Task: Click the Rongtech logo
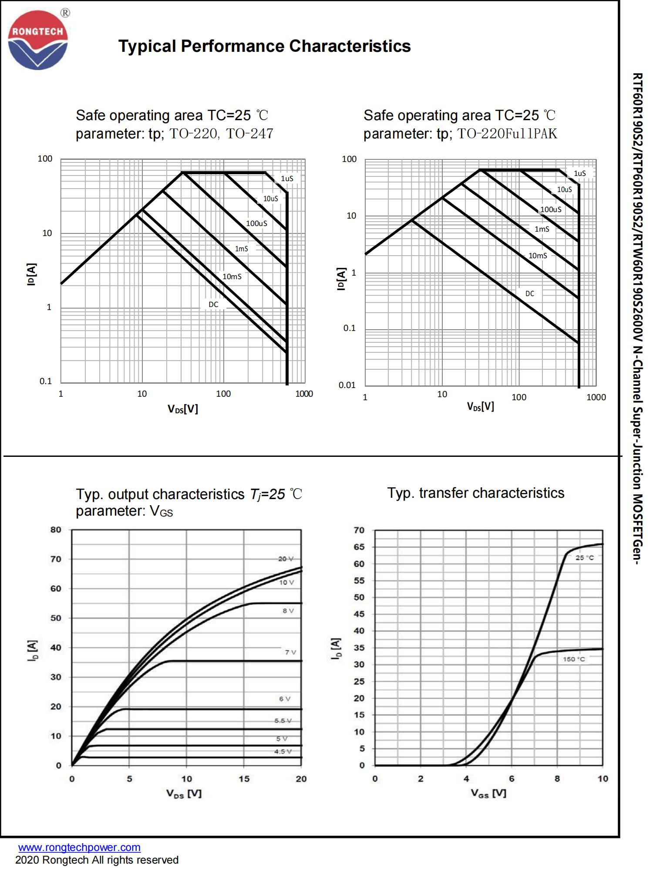pyautogui.click(x=38, y=40)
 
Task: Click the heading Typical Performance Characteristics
pyautogui.click(x=264, y=46)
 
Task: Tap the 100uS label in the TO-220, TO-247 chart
pyautogui.click(x=256, y=223)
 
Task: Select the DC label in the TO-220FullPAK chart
pyautogui.click(x=529, y=294)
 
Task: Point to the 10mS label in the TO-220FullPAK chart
pyautogui.click(x=538, y=256)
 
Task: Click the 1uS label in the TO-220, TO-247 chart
pyautogui.click(x=287, y=179)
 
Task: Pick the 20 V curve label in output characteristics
pyautogui.click(x=286, y=559)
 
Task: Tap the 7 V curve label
pyautogui.click(x=290, y=652)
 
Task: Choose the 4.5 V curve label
pyautogui.click(x=283, y=751)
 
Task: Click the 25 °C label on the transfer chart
pyautogui.click(x=585, y=558)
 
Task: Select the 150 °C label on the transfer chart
pyautogui.click(x=574, y=659)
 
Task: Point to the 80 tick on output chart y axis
pyautogui.click(x=56, y=530)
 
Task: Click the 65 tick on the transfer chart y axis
pyautogui.click(x=359, y=547)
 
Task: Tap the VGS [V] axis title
pyautogui.click(x=488, y=793)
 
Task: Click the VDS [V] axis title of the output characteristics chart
pyautogui.click(x=184, y=793)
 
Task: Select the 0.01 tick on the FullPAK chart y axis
pyautogui.click(x=347, y=385)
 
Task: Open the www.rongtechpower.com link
pyautogui.click(x=79, y=847)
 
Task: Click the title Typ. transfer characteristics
pyautogui.click(x=476, y=493)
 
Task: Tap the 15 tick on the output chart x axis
pyautogui.click(x=244, y=779)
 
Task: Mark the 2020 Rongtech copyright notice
pyautogui.click(x=97, y=860)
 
